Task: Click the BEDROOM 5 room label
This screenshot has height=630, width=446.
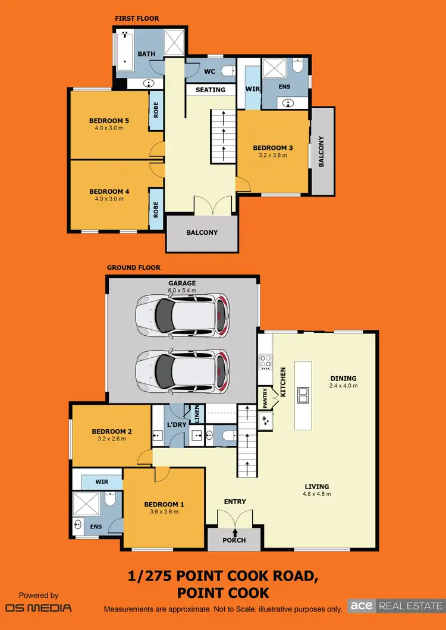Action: (x=109, y=121)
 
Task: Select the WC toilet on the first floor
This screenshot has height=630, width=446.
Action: (x=227, y=71)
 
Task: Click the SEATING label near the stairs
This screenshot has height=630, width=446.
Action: (x=211, y=90)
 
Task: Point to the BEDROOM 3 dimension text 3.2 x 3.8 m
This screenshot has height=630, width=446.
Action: (x=273, y=155)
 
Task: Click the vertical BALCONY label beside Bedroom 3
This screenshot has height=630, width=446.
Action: (x=322, y=152)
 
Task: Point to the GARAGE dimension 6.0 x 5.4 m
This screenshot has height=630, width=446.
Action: (x=182, y=291)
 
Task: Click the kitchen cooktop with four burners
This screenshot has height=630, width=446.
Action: (x=265, y=360)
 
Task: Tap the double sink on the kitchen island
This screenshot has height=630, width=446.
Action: (x=303, y=392)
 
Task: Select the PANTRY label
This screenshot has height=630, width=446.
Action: (x=265, y=398)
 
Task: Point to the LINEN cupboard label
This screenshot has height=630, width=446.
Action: (x=195, y=412)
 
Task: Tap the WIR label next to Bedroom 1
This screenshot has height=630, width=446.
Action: (x=102, y=481)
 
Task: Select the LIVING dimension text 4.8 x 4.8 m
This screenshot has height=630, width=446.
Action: (x=316, y=494)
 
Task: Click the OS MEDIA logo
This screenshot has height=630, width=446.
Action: (x=39, y=607)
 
